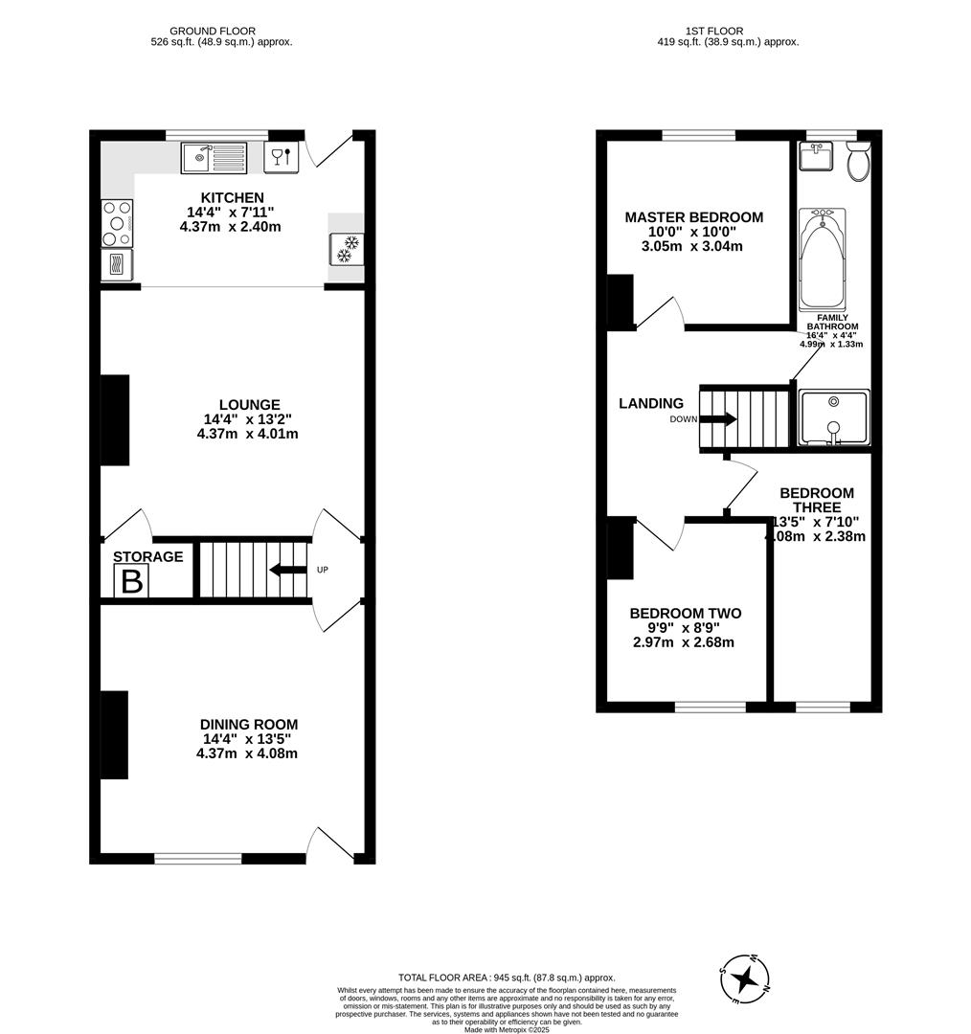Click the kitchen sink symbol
tap(214, 155)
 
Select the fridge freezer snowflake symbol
tap(347, 249)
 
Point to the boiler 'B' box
tap(131, 581)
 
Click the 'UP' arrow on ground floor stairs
tap(287, 571)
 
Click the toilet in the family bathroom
tap(857, 163)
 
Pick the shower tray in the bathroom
tap(834, 418)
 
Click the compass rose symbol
tap(745, 979)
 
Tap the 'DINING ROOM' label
tap(248, 725)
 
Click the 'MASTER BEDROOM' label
tap(693, 217)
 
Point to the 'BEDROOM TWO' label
tap(685, 614)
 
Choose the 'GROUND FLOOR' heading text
tap(219, 31)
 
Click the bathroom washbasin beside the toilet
tap(816, 156)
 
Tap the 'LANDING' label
tap(651, 404)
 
